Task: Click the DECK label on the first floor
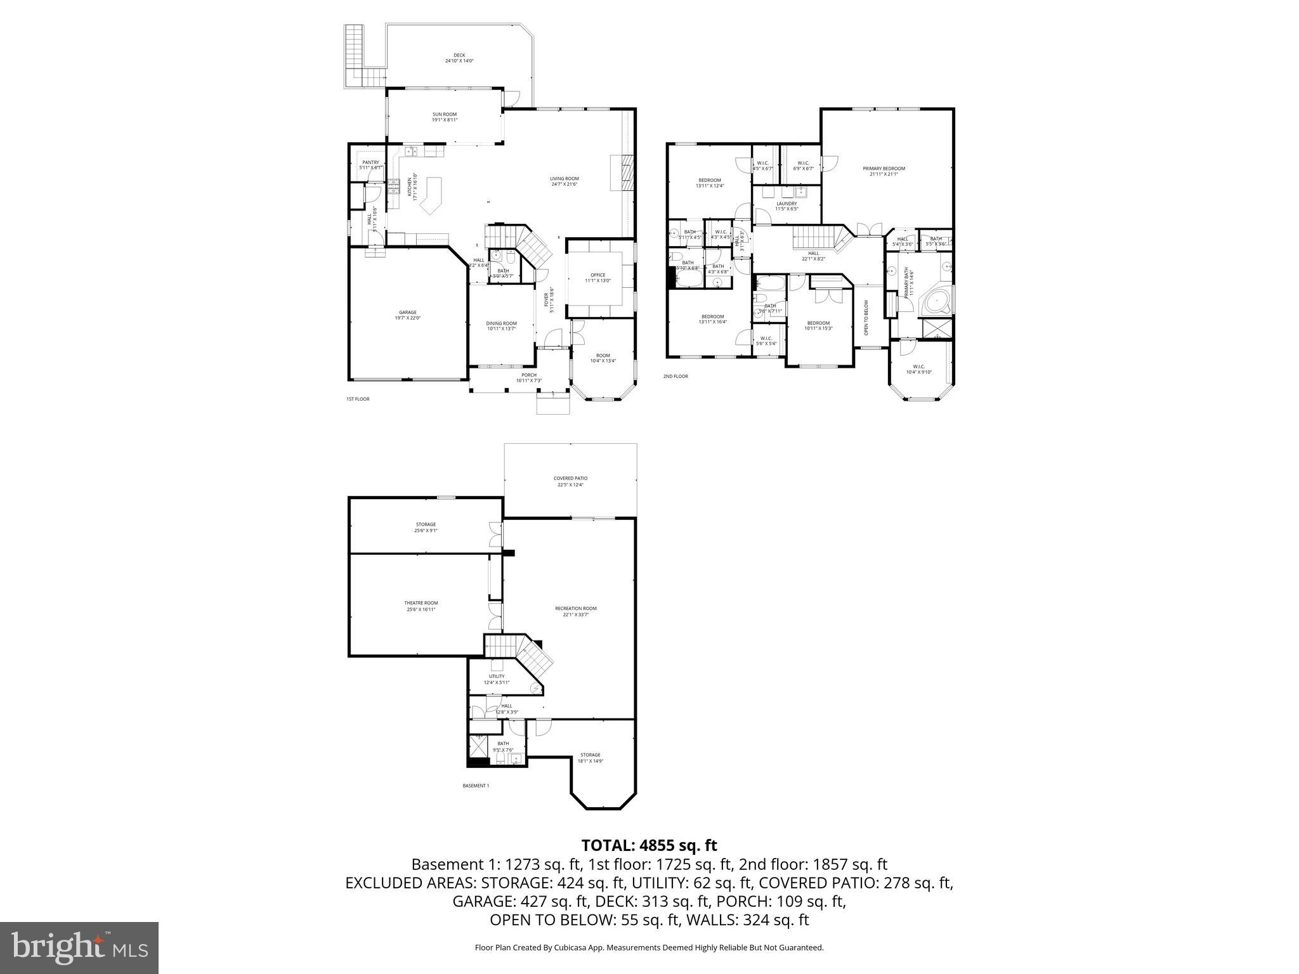[x=459, y=55]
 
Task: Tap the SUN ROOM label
[x=445, y=114]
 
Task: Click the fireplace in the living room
[x=622, y=172]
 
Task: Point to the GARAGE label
[x=408, y=312]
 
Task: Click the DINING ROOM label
[x=501, y=323]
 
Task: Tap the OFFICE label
[x=597, y=275]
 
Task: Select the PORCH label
[x=529, y=375]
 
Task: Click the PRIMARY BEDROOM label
[x=884, y=169]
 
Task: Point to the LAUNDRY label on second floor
[x=787, y=204]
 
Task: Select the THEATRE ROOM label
[x=421, y=603]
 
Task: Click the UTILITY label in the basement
[x=497, y=677]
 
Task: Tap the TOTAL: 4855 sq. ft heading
[x=649, y=845]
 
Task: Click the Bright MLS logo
[x=79, y=949]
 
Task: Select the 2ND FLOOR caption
[x=676, y=377]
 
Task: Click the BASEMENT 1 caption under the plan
[x=476, y=786]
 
